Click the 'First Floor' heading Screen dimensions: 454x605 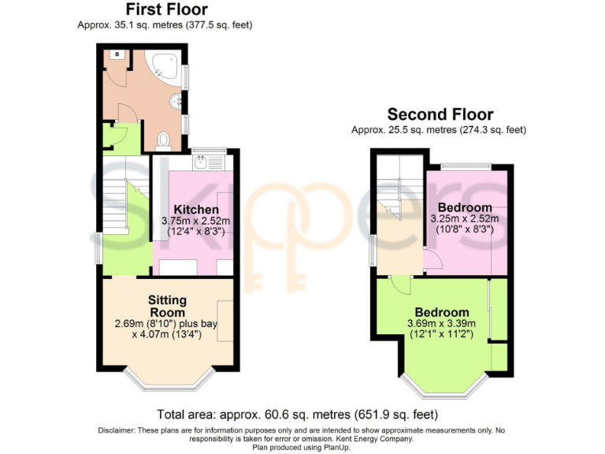pyautogui.click(x=167, y=9)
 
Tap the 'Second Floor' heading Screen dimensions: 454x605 pyautogui.click(x=440, y=114)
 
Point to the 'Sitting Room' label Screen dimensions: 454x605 pyautogui.click(x=168, y=307)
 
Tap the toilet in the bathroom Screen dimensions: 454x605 pyautogui.click(x=163, y=140)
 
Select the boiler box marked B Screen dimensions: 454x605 pyautogui.click(x=117, y=54)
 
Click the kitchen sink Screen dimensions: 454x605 pyautogui.click(x=204, y=162)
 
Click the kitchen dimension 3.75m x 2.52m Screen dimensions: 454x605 pyautogui.click(x=195, y=221)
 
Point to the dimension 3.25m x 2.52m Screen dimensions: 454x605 pyautogui.click(x=464, y=218)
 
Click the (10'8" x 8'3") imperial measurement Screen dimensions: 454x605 pyautogui.click(x=464, y=230)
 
